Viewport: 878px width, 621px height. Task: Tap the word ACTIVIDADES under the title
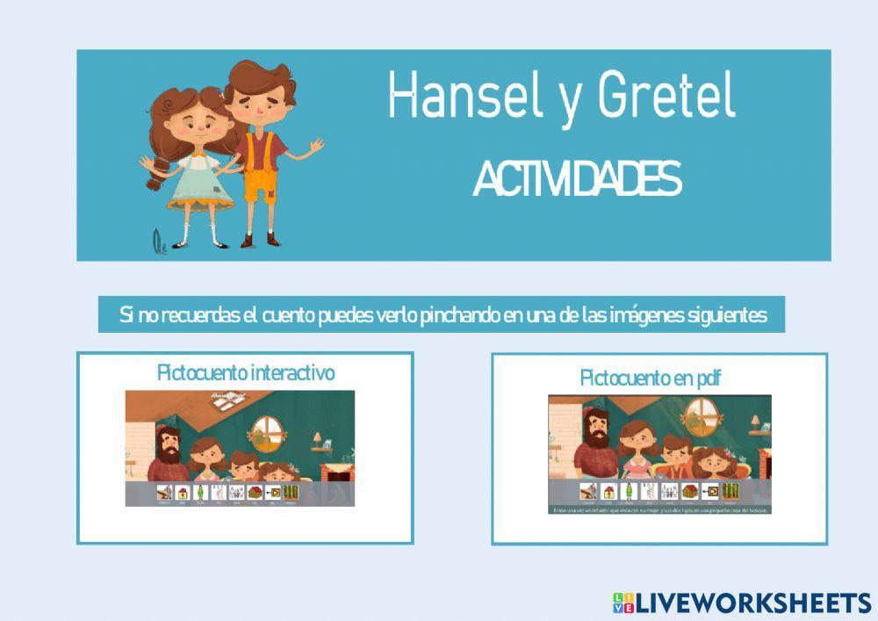(x=576, y=180)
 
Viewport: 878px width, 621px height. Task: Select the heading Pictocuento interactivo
(x=246, y=372)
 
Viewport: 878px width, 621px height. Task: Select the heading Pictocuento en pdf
(x=651, y=378)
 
